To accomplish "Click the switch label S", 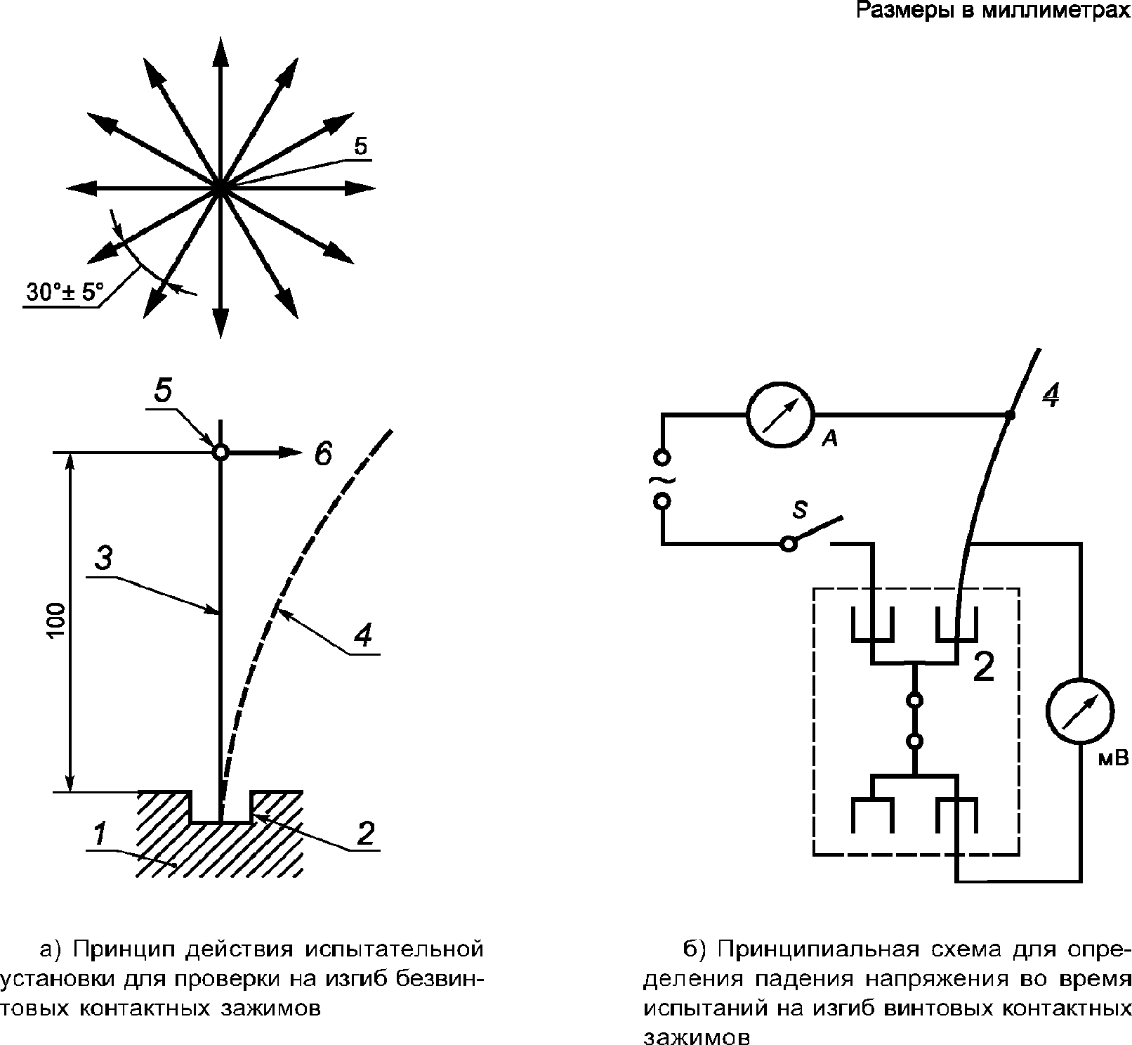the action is [800, 510].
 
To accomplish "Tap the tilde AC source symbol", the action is [662, 479].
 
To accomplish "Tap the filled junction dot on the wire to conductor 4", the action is [1010, 415].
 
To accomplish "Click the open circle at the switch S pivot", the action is [789, 544].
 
